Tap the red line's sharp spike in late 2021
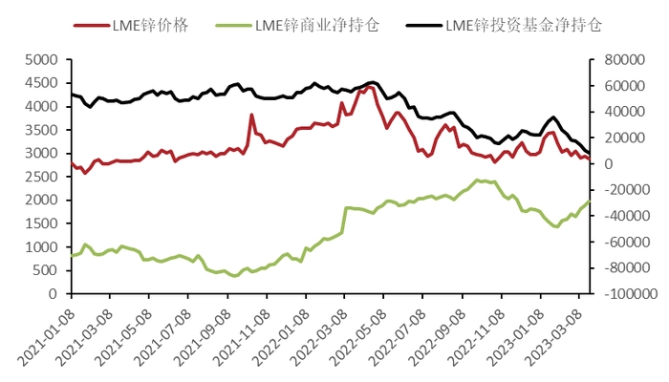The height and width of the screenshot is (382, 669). (252, 116)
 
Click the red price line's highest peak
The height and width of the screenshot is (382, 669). (369, 86)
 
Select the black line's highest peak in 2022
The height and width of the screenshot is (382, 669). (373, 82)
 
